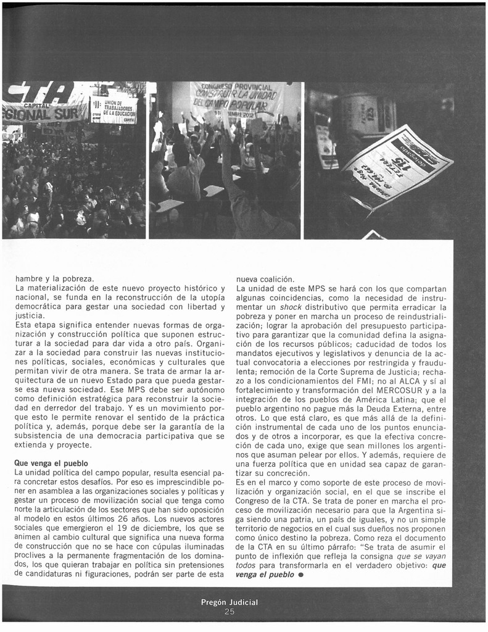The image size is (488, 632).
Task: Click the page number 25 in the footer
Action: coord(230,612)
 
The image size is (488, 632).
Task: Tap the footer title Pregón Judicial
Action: coord(230,602)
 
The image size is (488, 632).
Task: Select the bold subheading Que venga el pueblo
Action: coord(51,463)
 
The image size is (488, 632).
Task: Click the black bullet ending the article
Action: coord(301,575)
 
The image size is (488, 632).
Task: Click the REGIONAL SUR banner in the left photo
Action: coord(43,113)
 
